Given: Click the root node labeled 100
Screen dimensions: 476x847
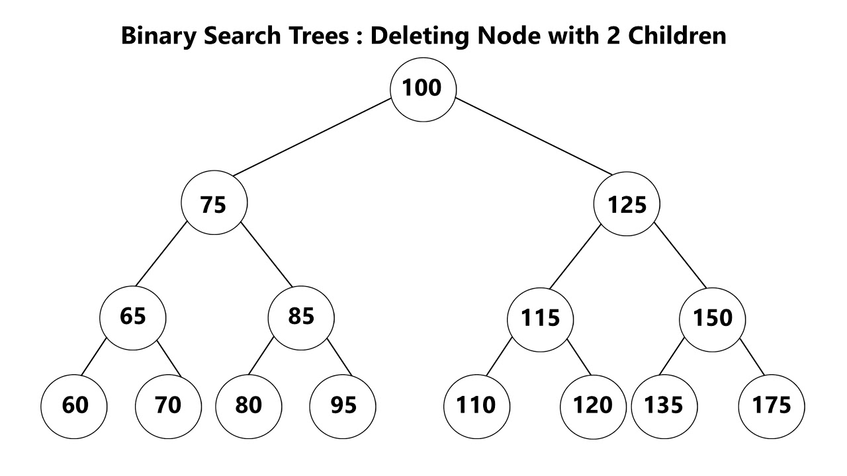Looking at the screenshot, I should click(423, 89).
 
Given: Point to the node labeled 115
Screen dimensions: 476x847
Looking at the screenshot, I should click(540, 319).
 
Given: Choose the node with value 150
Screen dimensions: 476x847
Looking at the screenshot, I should click(713, 319).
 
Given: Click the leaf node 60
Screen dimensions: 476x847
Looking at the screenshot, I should click(74, 405).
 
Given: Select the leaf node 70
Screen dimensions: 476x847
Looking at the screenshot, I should click(168, 405).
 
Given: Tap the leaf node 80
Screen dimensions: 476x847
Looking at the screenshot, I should click(249, 405).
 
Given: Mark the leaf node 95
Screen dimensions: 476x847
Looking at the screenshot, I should click(343, 405).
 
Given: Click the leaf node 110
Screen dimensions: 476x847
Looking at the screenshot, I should click(476, 405).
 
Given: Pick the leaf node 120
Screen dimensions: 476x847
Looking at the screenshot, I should click(593, 405).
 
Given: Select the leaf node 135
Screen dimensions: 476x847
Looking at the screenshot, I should click(664, 405).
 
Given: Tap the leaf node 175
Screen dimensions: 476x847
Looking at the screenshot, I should click(772, 405).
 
